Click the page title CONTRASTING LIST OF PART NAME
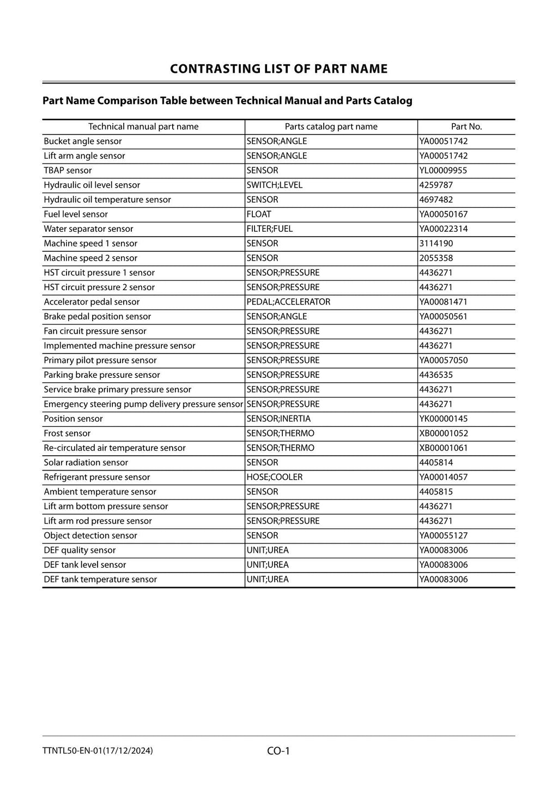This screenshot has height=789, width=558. click(278, 69)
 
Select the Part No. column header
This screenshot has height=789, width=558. click(466, 127)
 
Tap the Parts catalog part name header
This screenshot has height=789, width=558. click(331, 127)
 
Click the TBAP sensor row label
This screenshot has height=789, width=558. click(68, 170)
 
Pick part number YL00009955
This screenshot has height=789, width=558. click(443, 170)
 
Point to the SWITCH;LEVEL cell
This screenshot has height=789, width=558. click(274, 185)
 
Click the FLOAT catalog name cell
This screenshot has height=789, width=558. click(259, 214)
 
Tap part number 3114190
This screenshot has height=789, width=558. click(436, 243)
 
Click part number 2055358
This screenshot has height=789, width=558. click(436, 258)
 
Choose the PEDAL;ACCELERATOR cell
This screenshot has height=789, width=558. click(288, 302)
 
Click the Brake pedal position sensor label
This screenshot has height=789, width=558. click(97, 316)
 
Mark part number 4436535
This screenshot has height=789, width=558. click(436, 375)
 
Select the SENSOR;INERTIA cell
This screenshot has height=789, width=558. click(278, 419)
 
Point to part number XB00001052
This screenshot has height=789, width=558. click(444, 433)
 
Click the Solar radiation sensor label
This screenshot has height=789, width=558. click(86, 462)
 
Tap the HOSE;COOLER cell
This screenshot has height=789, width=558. click(274, 477)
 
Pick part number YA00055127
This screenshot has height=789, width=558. click(444, 535)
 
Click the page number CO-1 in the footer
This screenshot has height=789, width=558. click(278, 751)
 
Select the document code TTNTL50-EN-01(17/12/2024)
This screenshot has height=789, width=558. click(98, 751)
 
